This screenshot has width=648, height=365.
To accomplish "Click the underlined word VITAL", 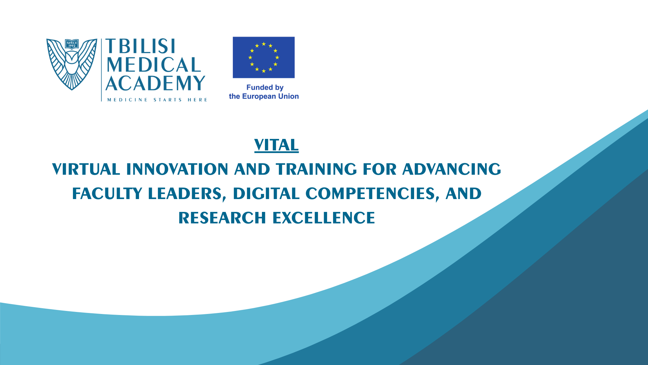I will (x=276, y=145).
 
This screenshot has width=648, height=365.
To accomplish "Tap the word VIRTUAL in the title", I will (x=86, y=169).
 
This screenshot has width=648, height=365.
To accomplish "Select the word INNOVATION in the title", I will (x=177, y=169).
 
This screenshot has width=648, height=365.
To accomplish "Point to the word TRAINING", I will (x=316, y=169).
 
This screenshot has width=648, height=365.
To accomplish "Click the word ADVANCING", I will (x=452, y=169).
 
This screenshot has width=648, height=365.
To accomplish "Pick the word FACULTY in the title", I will (x=107, y=194).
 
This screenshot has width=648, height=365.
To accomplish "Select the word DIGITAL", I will (x=266, y=194).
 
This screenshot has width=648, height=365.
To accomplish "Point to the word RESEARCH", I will (x=222, y=218).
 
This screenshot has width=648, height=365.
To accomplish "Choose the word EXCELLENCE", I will (x=324, y=218).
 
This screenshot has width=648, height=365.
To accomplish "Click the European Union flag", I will (x=264, y=57).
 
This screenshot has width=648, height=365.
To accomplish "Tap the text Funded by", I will (x=265, y=88).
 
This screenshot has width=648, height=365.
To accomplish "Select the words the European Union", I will (x=264, y=96).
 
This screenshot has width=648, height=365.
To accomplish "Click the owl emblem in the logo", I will (x=72, y=64).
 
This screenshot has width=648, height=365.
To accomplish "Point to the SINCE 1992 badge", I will (x=72, y=44).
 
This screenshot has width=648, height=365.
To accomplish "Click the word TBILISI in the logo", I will (x=140, y=46).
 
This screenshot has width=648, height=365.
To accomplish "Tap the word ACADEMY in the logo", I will (x=156, y=83).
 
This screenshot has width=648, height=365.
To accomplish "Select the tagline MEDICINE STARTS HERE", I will (x=157, y=100).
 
